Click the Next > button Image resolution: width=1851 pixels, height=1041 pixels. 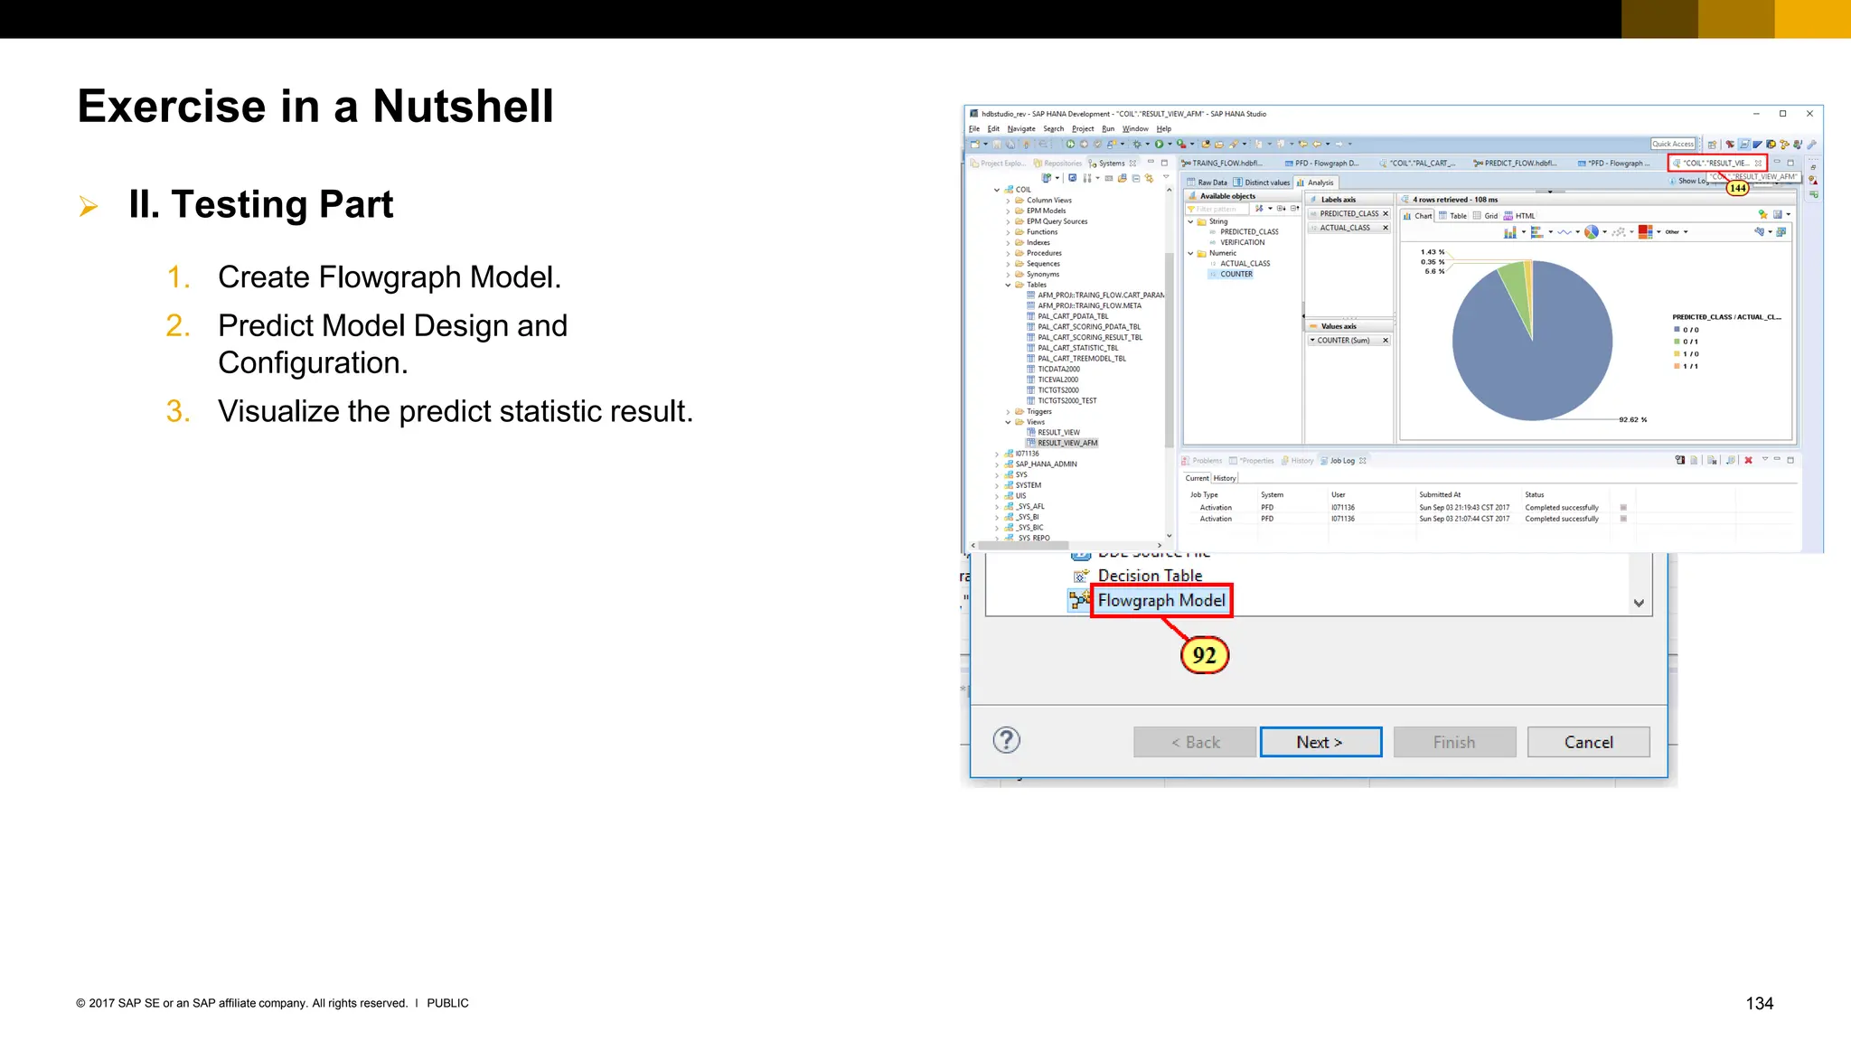pos(1320,742)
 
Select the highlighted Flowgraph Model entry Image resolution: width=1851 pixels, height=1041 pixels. pos(1160,601)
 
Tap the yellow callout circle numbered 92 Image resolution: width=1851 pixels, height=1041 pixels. pos(1204,655)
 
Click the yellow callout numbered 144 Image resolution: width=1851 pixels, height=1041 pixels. pos(1737,188)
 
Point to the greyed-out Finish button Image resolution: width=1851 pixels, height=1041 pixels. pos(1453,742)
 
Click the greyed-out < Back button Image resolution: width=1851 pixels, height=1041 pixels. pos(1194,742)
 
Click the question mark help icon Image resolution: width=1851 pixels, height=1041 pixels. pos(1006,740)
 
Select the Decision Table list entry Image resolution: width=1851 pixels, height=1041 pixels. pos(1149,576)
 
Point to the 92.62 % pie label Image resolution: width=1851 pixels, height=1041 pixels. pos(1632,420)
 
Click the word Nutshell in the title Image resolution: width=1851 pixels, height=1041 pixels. pos(462,107)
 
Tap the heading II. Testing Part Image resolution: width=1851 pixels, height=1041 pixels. pos(260,204)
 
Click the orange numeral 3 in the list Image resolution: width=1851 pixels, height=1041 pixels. pos(177,411)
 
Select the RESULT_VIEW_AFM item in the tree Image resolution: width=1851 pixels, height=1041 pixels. pos(1066,443)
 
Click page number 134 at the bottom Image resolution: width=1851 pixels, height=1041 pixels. pos(1759,1003)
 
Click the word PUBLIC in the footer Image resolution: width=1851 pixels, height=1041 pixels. pos(447,1003)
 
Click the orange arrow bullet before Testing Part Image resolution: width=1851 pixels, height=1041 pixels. pos(89,206)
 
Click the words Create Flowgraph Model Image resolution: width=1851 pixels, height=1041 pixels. pos(389,277)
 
